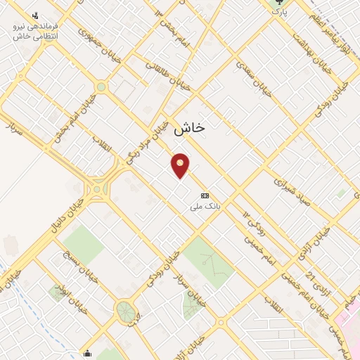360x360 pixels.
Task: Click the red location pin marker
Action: (x=181, y=165)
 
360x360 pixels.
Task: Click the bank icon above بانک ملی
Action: (x=205, y=195)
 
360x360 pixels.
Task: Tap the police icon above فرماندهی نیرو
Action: (x=35, y=14)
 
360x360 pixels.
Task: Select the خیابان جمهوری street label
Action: (x=99, y=45)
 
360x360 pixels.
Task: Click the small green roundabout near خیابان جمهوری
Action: (x=100, y=87)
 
